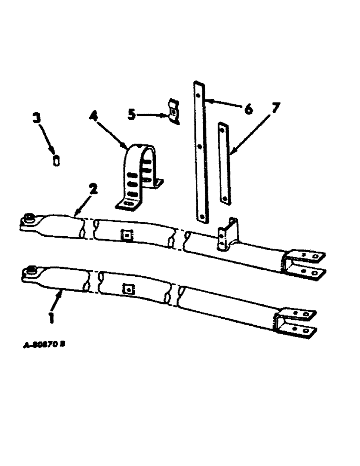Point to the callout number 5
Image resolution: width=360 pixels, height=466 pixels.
pos(132,113)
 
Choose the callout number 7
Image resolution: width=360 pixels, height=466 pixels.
pos(276,109)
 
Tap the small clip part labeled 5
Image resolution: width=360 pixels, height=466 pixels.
pos(173,112)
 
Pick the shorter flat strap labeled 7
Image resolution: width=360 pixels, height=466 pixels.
pos(224,163)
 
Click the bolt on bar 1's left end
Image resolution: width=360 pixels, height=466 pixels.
pos(33,270)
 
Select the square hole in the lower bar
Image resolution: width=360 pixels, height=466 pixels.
pos(126,289)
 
